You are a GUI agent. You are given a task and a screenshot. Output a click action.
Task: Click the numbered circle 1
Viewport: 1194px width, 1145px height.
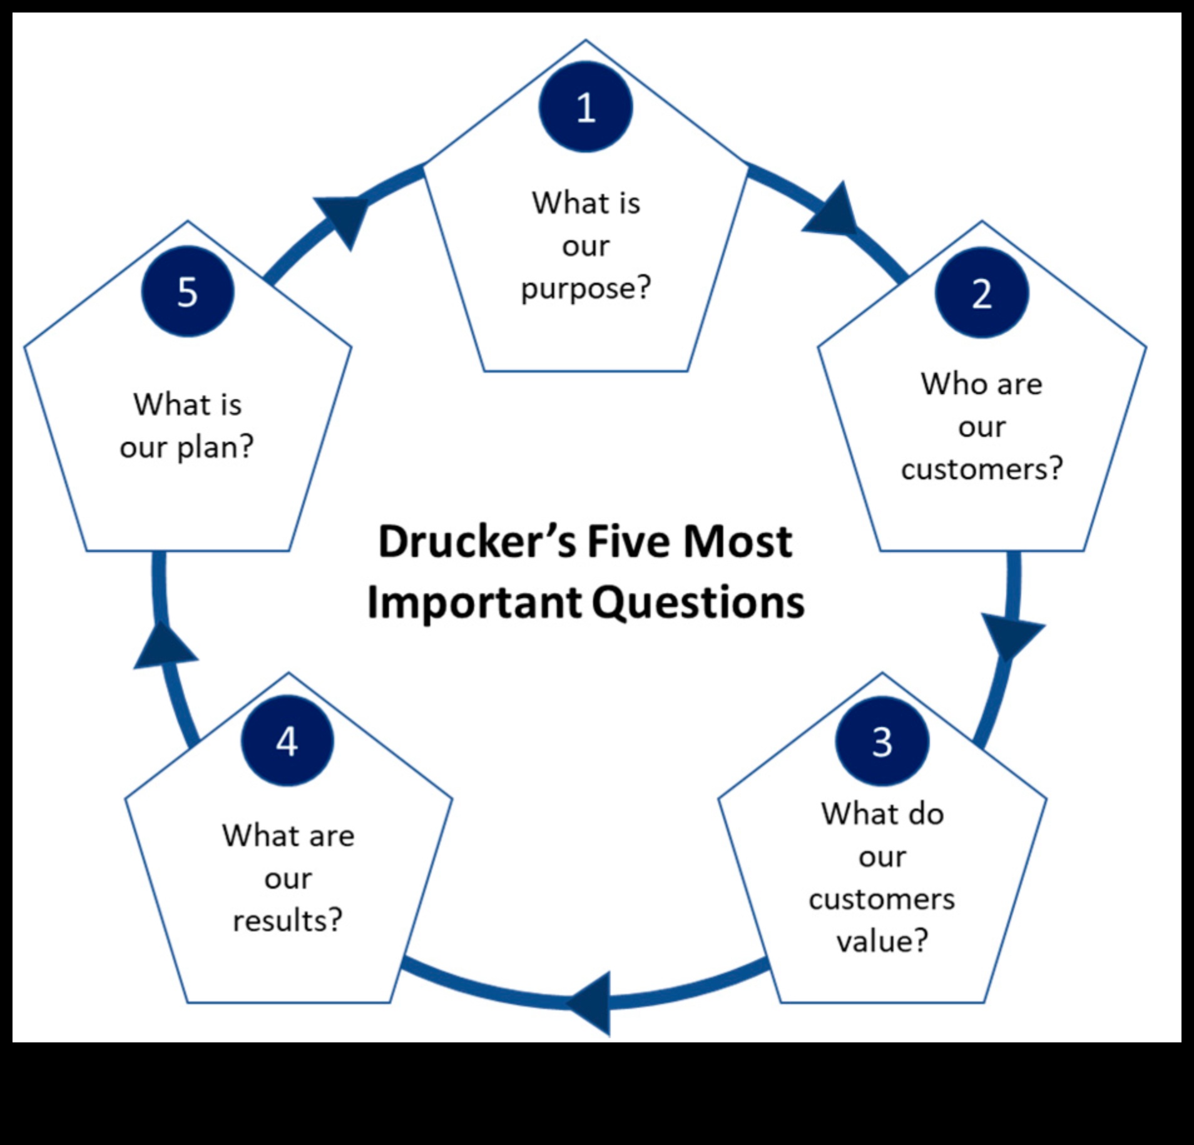coord(586,107)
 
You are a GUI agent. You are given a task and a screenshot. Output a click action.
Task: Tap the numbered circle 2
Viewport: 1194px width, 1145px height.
coord(981,293)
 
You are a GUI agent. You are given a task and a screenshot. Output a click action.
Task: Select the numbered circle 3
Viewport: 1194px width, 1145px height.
coord(882,741)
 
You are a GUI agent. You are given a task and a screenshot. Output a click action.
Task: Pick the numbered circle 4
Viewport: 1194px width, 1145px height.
coord(287,741)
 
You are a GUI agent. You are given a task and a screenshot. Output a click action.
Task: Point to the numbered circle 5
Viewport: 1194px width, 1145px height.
coord(188,292)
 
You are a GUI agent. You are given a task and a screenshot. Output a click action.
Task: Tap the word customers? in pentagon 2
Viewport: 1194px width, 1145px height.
coord(982,469)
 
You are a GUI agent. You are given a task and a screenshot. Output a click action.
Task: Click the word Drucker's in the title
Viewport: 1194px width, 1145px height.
coord(477,542)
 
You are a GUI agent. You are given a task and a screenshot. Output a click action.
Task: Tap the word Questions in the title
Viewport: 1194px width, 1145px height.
coord(698,603)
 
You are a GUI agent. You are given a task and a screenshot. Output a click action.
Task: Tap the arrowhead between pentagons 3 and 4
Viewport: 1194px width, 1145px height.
coord(591,1003)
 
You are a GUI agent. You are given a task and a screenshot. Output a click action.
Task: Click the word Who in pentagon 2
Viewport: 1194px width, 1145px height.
coord(953,384)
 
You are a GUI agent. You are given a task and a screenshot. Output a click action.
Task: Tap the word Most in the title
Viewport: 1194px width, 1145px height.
coord(738,542)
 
